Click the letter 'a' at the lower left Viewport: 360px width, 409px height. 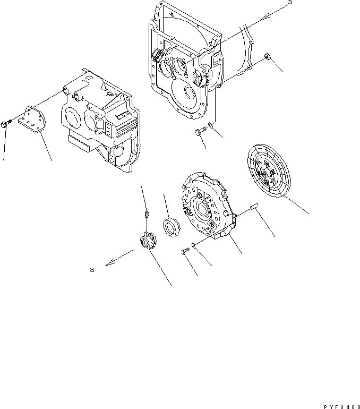pos(92,270)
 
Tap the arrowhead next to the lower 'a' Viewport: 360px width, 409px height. pos(108,262)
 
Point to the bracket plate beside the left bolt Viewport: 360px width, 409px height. pos(33,122)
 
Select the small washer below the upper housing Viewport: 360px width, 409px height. pos(211,125)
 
